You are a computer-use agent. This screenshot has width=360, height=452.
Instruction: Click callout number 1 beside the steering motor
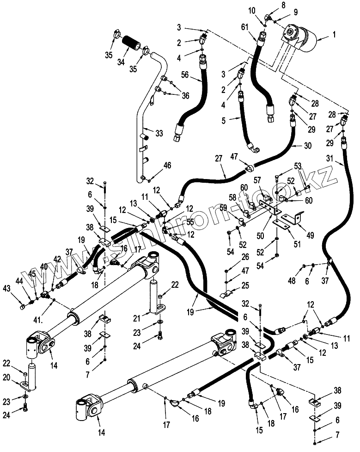pyautogui.click(x=335, y=34)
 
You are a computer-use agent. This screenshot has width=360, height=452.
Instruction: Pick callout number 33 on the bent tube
pyautogui.click(x=159, y=133)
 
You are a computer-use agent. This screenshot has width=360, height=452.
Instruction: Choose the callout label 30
pyautogui.click(x=308, y=145)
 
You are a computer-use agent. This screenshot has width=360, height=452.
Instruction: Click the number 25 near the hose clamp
pyautogui.click(x=245, y=285)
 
